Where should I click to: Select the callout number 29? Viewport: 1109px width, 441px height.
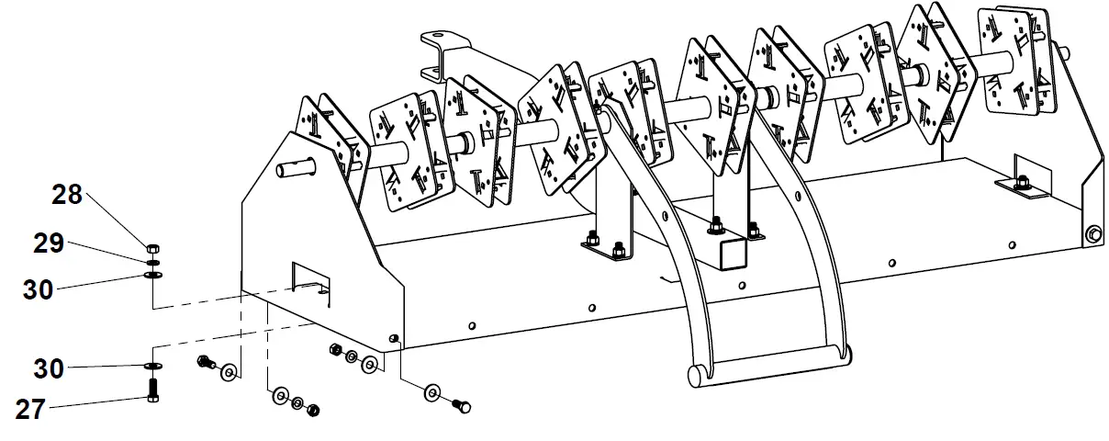(49, 244)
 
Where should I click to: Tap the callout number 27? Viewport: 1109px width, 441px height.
(30, 410)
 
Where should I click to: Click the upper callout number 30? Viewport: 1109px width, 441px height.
(43, 289)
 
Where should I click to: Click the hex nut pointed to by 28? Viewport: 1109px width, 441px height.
(152, 247)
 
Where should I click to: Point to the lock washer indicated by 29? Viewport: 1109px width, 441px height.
(152, 262)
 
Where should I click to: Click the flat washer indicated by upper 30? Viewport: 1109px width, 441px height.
(152, 274)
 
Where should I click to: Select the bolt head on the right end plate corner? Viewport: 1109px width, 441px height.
(1092, 234)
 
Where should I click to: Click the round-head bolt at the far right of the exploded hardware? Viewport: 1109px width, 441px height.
(462, 404)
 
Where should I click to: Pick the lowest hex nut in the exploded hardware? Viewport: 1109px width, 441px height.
(312, 410)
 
